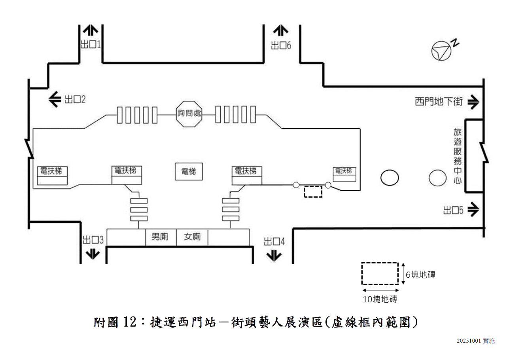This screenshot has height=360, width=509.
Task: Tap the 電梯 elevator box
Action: pos(189,172)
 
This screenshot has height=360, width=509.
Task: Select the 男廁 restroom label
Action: pos(160,237)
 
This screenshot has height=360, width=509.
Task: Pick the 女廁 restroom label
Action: pos(192,237)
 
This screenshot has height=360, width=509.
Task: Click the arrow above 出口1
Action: pos(91,30)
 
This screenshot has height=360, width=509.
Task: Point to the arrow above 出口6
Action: pos(281,30)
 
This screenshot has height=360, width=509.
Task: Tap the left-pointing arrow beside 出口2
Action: pos(55,99)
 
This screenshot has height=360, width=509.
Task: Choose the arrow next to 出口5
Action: pos(473,210)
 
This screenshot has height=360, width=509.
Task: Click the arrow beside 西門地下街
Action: pos(473,102)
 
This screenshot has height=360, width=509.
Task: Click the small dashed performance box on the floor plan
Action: pos(313,192)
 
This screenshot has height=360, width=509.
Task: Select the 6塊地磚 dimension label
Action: pos(420,275)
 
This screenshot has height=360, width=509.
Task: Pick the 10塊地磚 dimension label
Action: pos(380,299)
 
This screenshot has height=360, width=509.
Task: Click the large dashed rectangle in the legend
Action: pos(380,273)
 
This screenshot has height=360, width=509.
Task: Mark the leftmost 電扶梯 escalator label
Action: pos(52,171)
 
